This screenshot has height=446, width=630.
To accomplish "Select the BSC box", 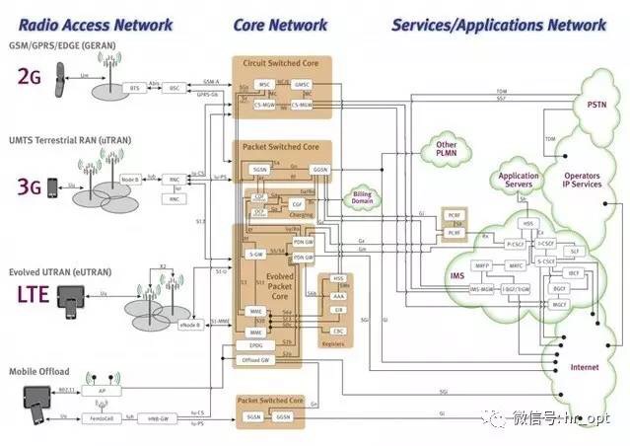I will pyautogui.click(x=175, y=88).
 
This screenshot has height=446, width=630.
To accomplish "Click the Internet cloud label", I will pyautogui.click(x=584, y=368).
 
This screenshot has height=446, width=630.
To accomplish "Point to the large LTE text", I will pyautogui.click(x=33, y=293).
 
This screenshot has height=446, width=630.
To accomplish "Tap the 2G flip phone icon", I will pyautogui.click(x=60, y=73).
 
